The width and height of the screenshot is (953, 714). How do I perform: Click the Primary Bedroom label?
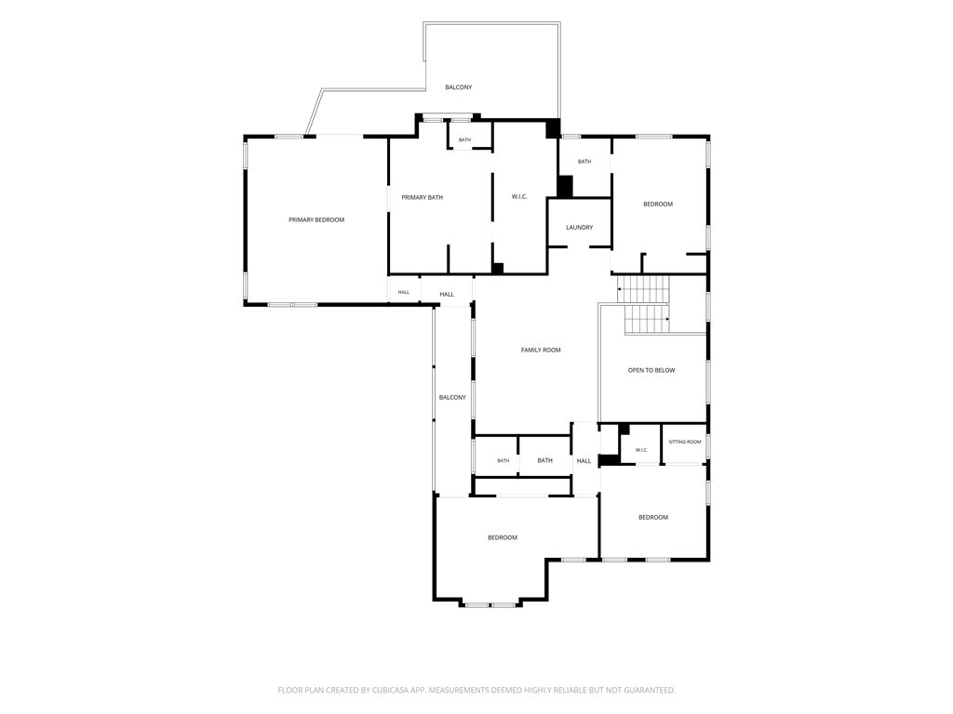point(316,219)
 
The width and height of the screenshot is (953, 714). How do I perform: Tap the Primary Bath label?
point(422,197)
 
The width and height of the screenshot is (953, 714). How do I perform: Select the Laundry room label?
point(579,228)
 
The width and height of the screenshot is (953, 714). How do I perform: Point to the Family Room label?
point(541,350)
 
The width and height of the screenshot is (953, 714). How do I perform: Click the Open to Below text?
point(651,370)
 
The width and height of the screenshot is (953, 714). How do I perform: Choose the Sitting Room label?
point(684,442)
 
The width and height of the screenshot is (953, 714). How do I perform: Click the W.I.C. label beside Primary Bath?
point(519,197)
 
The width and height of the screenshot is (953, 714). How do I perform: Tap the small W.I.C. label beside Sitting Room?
point(641,450)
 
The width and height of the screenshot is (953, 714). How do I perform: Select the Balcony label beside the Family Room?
point(452,398)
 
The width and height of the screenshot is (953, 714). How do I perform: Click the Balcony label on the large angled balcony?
point(458,87)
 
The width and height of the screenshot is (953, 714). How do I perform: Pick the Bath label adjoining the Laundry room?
point(584,162)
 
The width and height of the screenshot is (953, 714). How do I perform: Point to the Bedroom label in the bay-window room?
point(503,537)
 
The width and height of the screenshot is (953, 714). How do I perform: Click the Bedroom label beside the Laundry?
point(658,204)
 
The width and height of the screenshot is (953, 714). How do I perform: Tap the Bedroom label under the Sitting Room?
point(652,517)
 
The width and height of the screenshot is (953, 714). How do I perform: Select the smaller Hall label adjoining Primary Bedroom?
point(404,293)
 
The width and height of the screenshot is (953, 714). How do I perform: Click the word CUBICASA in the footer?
point(389,691)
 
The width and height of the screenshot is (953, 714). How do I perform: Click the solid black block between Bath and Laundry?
point(565,186)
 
